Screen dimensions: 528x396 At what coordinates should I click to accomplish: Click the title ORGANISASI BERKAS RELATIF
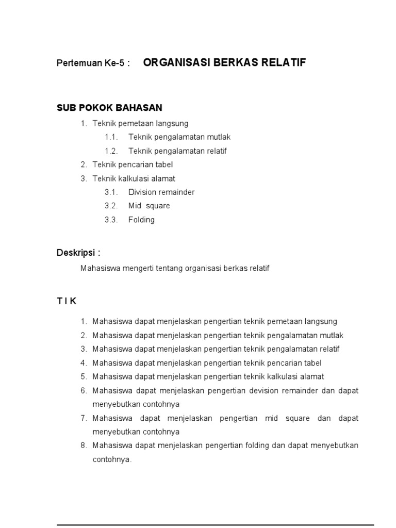click(224, 63)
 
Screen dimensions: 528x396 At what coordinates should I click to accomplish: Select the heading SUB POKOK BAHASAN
click(109, 108)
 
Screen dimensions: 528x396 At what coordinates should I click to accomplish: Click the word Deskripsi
click(76, 252)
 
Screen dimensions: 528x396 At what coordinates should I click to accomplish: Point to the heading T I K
click(67, 300)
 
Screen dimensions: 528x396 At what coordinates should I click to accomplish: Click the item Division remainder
click(161, 192)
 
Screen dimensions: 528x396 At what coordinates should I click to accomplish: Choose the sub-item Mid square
click(149, 206)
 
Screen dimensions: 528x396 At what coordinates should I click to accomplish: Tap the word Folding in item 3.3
click(141, 220)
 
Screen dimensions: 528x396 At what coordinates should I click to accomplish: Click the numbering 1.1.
click(111, 137)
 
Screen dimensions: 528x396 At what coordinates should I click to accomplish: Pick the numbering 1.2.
click(111, 151)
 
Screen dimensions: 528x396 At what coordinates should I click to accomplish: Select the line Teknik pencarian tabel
click(133, 164)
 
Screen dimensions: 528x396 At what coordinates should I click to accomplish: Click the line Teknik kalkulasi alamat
click(134, 178)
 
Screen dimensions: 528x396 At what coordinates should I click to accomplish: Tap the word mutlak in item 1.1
click(219, 137)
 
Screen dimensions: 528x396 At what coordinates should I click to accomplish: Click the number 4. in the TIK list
click(84, 363)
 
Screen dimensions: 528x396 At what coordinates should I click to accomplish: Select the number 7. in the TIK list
click(84, 418)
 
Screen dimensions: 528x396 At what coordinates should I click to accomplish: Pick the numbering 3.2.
click(111, 206)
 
